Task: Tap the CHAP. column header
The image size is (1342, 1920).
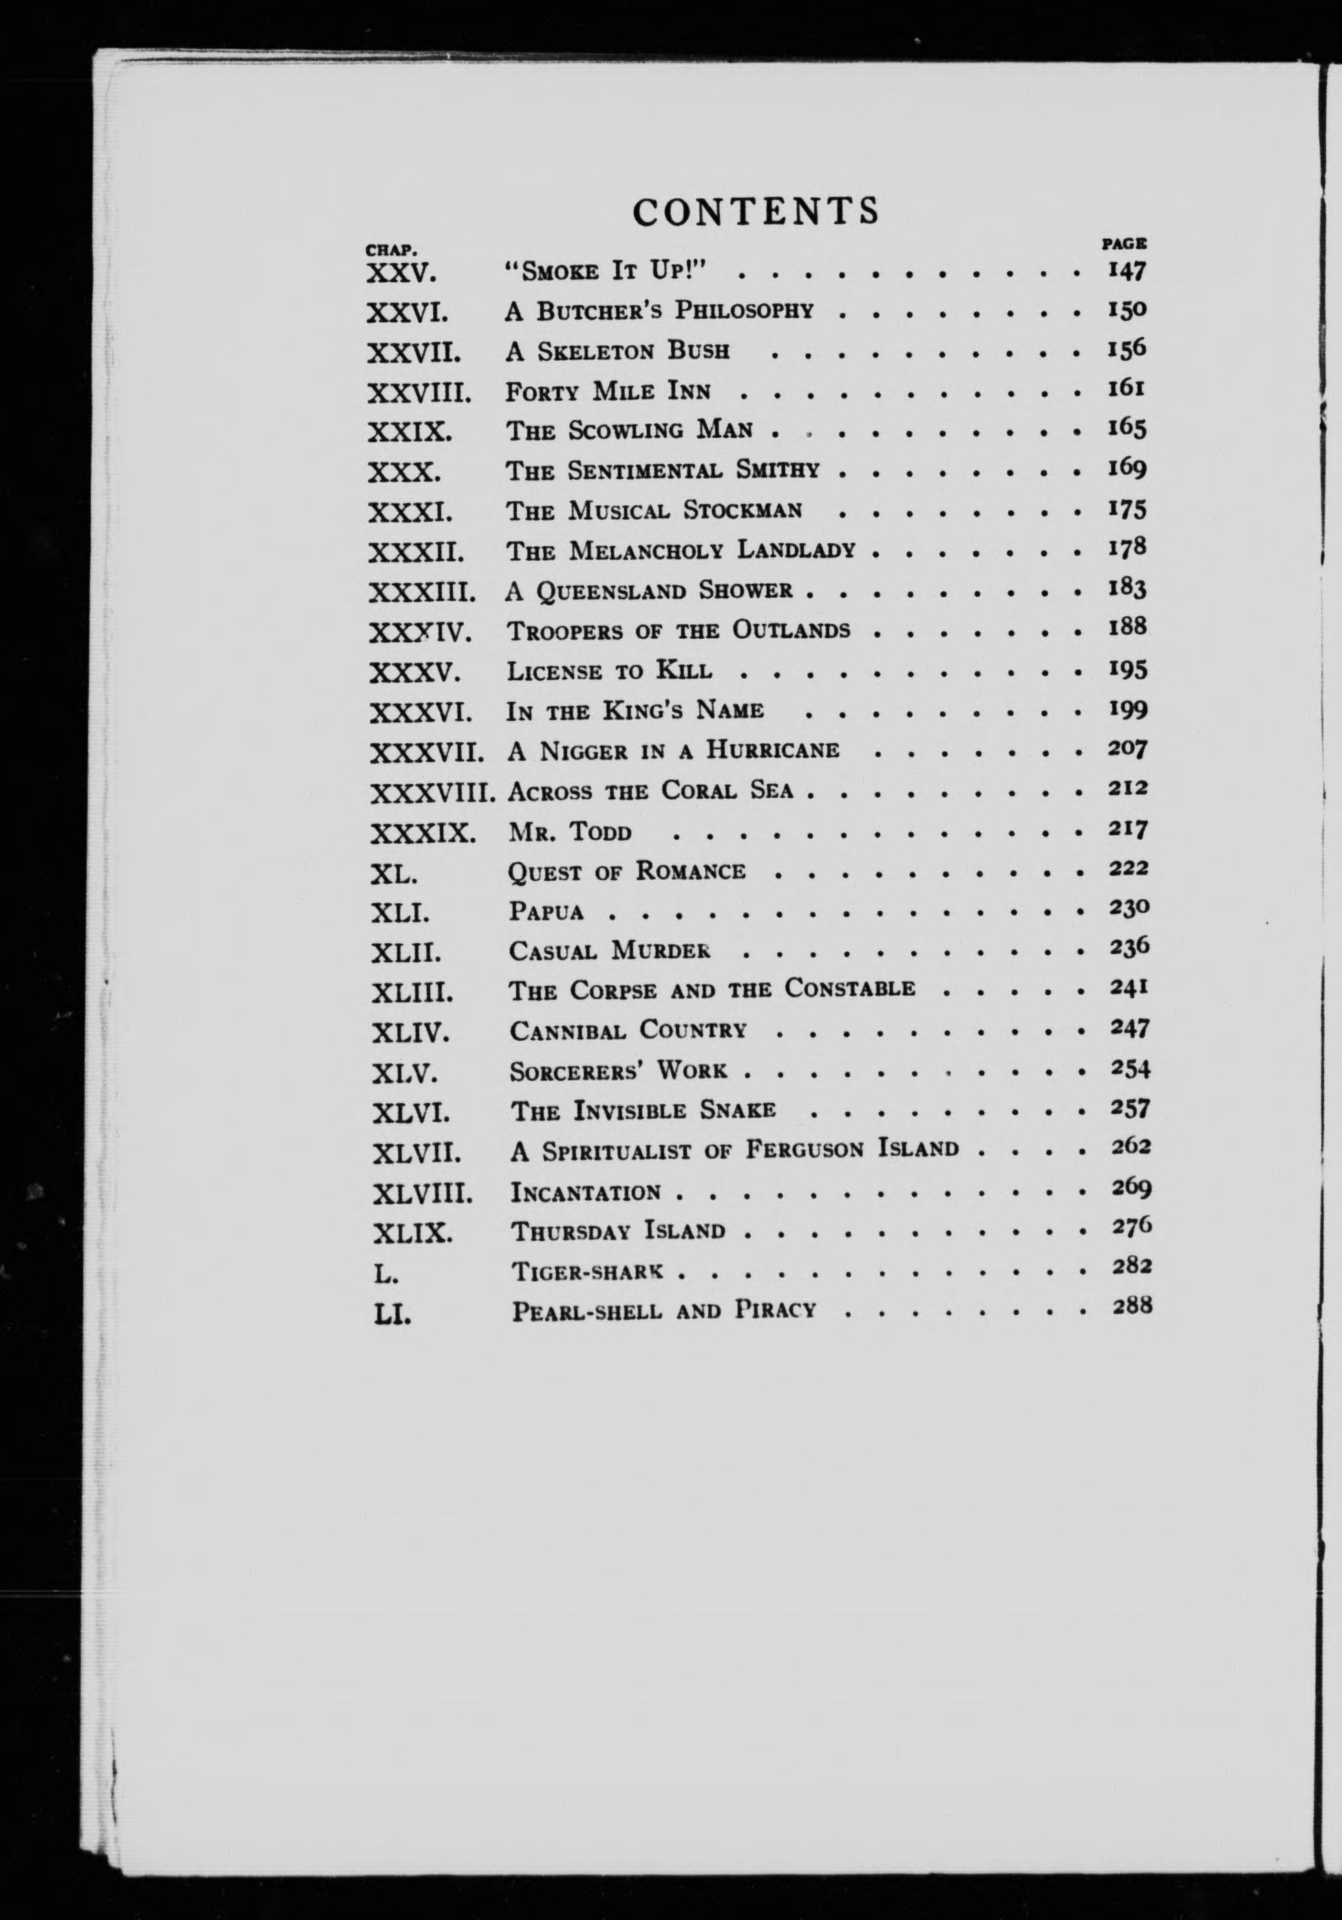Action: point(392,249)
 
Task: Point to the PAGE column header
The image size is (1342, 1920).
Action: point(1124,244)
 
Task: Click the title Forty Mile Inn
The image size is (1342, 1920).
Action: point(608,390)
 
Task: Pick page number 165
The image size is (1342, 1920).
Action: point(1127,429)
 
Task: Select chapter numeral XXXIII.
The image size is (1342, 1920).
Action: point(423,592)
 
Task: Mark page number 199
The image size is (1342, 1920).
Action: point(1127,710)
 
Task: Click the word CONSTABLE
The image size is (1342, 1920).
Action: point(849,989)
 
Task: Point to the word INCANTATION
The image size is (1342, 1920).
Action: point(585,1192)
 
